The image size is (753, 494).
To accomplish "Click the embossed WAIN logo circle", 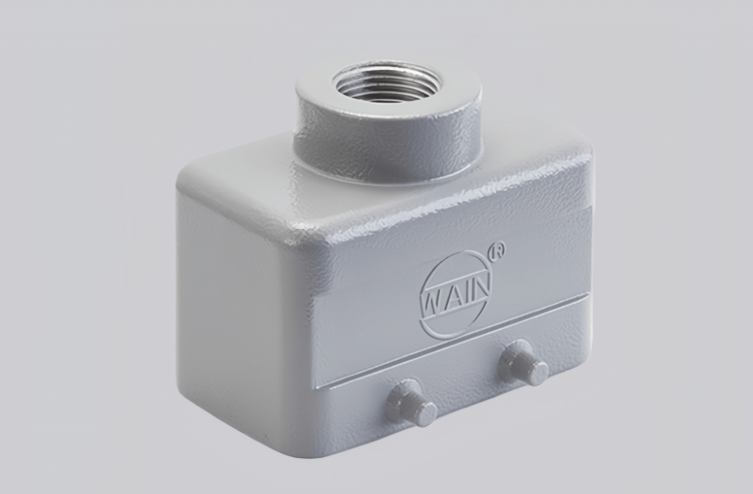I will pyautogui.click(x=456, y=294).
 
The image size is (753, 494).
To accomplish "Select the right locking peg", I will pyautogui.click(x=523, y=363).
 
